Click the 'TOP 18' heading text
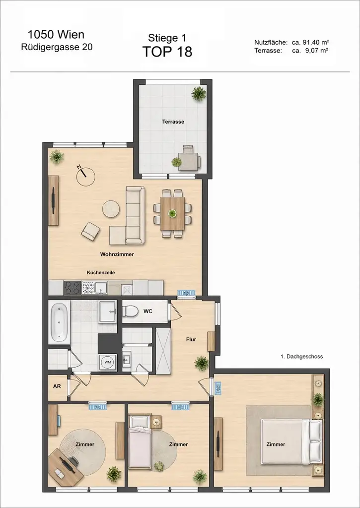click(x=167, y=51)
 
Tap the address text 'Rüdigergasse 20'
click(x=56, y=47)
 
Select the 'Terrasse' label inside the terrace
click(x=173, y=122)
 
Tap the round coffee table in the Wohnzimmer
click(x=111, y=209)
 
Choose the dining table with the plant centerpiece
click(x=172, y=213)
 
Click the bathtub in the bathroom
click(x=59, y=322)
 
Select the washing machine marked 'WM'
click(x=107, y=362)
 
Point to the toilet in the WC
click(x=131, y=312)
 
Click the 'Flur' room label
click(x=191, y=340)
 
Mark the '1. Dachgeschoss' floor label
click(x=301, y=357)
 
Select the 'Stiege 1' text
click(x=167, y=37)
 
